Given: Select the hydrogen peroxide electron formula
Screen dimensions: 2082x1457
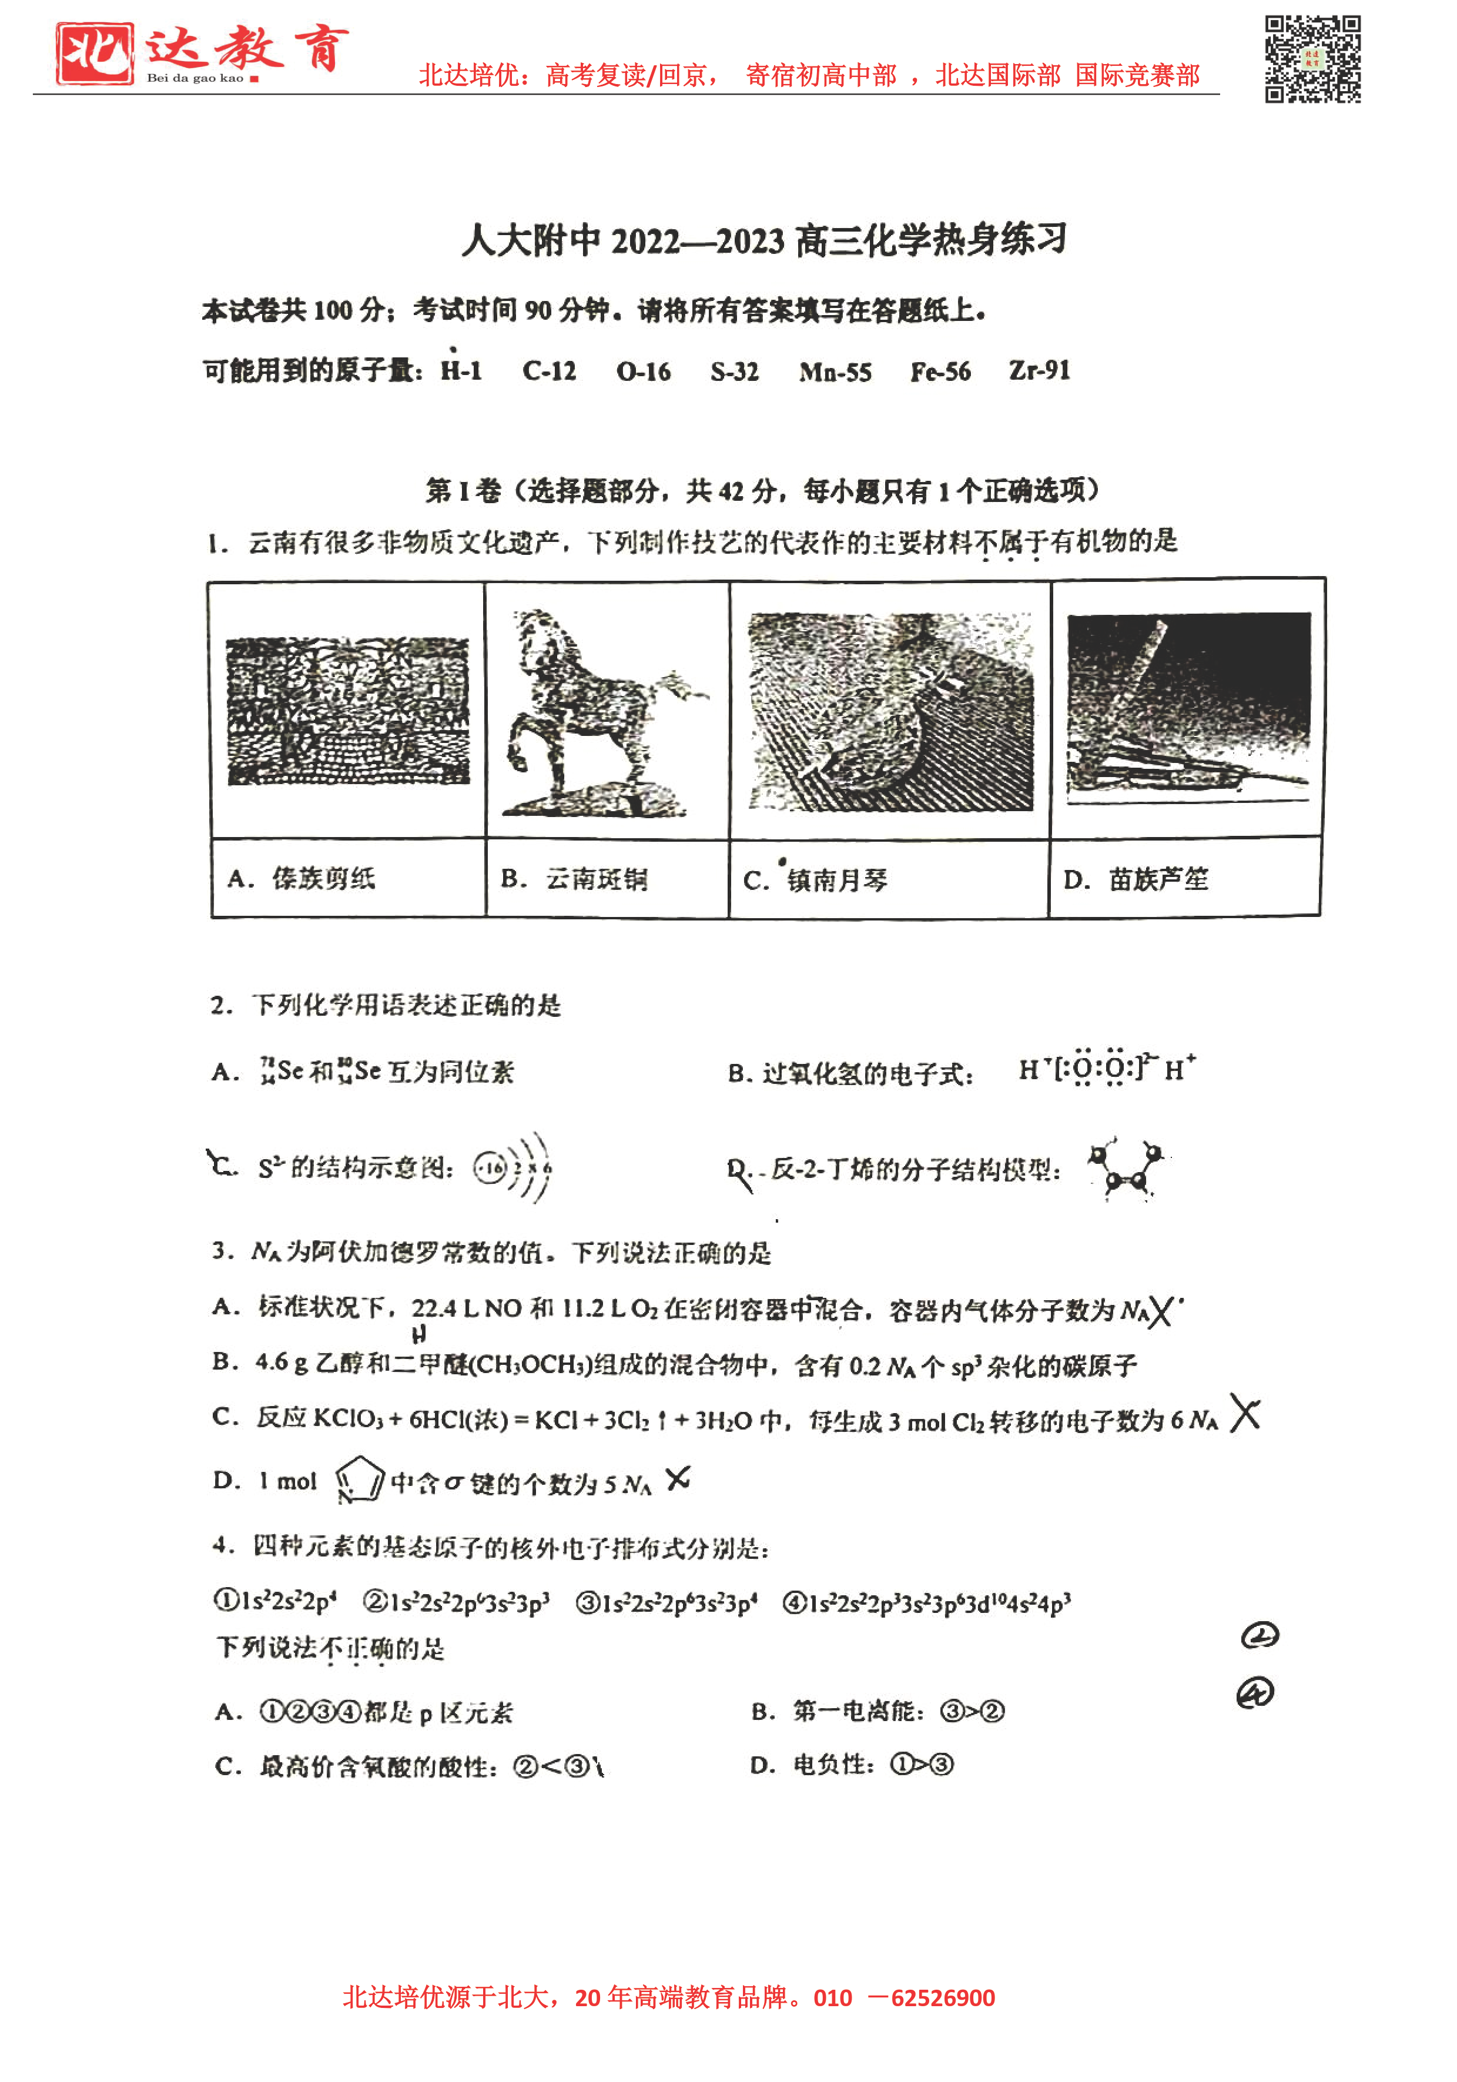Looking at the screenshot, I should [1106, 1069].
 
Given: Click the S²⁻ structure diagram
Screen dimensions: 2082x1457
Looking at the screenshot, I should [513, 1167].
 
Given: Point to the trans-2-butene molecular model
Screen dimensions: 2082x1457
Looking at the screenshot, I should [1126, 1169].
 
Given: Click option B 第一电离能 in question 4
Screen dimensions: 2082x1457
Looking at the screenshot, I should [877, 1711].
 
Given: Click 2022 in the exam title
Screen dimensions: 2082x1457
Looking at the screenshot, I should [645, 241].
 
